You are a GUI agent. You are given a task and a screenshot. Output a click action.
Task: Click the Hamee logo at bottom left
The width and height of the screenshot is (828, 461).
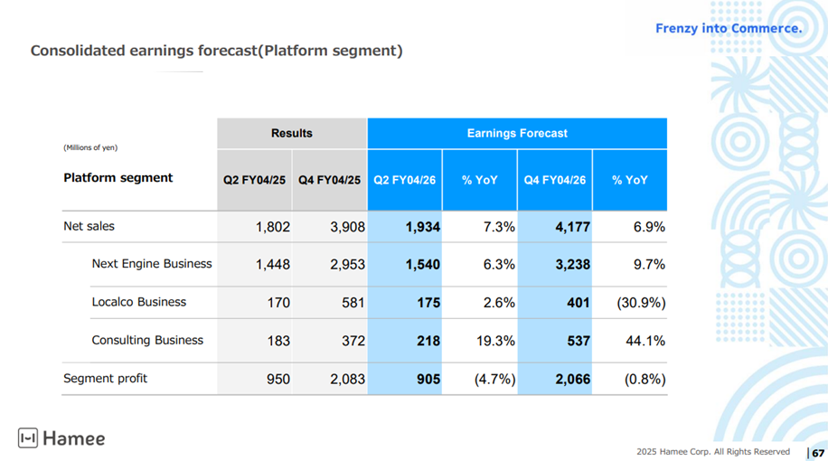point(61,438)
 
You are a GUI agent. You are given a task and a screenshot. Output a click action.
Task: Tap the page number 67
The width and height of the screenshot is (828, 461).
point(818,453)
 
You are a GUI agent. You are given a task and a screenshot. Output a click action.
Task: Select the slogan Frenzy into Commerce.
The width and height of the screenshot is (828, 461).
point(729,28)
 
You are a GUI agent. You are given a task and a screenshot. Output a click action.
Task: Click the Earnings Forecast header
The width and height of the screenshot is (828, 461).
point(517,134)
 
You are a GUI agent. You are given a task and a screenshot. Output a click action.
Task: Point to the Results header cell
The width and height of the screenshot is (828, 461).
point(292,134)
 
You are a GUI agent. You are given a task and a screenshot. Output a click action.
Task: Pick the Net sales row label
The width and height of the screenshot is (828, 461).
point(89,226)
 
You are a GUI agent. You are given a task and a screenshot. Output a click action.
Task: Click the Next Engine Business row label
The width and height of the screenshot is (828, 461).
point(152,264)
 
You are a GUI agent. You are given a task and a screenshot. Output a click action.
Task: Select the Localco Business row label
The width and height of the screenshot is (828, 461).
point(139,302)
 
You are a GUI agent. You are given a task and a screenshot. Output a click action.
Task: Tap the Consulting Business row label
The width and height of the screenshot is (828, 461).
point(147,341)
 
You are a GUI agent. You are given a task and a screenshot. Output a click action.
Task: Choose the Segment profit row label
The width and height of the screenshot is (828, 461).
point(105,379)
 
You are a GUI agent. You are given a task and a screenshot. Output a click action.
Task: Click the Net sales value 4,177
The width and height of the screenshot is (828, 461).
point(572,227)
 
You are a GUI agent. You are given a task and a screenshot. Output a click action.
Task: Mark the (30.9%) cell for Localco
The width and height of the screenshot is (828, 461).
point(641,303)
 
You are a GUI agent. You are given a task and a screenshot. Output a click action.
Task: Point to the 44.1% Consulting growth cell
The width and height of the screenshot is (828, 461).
point(645,341)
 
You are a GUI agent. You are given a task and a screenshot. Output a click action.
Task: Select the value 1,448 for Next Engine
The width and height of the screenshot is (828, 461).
point(272,265)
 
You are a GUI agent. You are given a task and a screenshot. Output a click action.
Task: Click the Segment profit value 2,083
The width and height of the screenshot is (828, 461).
point(347,380)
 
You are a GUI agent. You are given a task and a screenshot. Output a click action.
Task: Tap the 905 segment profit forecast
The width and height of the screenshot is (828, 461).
point(428,380)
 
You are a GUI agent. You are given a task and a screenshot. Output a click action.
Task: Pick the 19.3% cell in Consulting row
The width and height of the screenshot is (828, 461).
point(495,341)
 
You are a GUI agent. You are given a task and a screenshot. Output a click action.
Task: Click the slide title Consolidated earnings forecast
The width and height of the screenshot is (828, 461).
point(217,51)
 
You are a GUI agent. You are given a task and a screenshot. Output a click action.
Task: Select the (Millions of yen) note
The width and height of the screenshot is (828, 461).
point(90,147)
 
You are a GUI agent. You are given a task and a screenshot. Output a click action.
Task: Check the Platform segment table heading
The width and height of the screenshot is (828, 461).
point(118,178)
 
